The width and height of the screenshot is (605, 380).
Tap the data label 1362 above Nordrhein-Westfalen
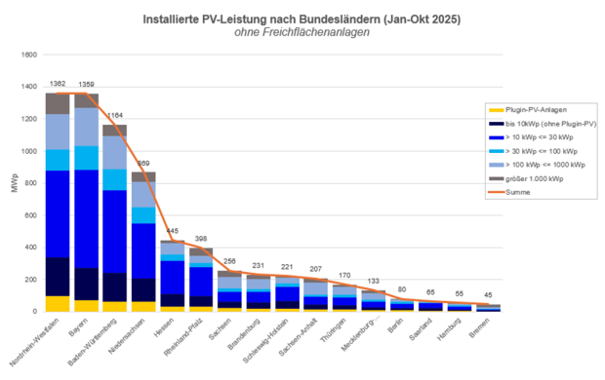click(57, 85)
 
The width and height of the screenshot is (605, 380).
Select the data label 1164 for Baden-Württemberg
click(115, 116)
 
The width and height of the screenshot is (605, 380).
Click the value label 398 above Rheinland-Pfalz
click(201, 239)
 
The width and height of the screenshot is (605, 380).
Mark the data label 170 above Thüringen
click(344, 276)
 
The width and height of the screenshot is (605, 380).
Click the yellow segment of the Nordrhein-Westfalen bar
click(58, 303)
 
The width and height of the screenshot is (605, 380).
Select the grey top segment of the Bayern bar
click(86, 100)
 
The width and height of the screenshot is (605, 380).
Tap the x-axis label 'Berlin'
click(396, 323)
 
